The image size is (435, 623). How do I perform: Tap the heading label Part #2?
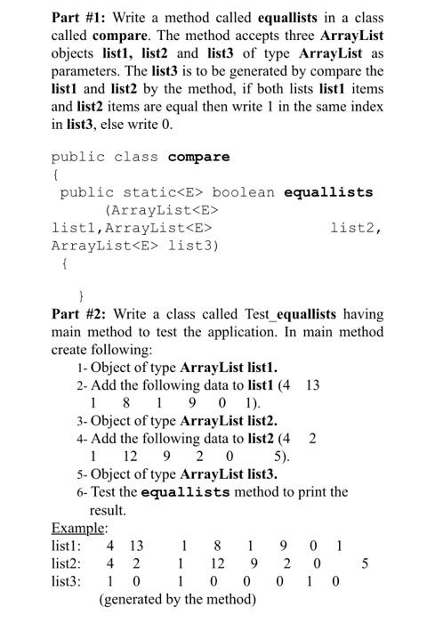pos(77,314)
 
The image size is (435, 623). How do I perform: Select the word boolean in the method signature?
pos(244,192)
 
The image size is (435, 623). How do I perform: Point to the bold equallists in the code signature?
pos(328,192)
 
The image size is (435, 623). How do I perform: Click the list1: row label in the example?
pos(68,545)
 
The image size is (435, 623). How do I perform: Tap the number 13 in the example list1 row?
pos(136,545)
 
